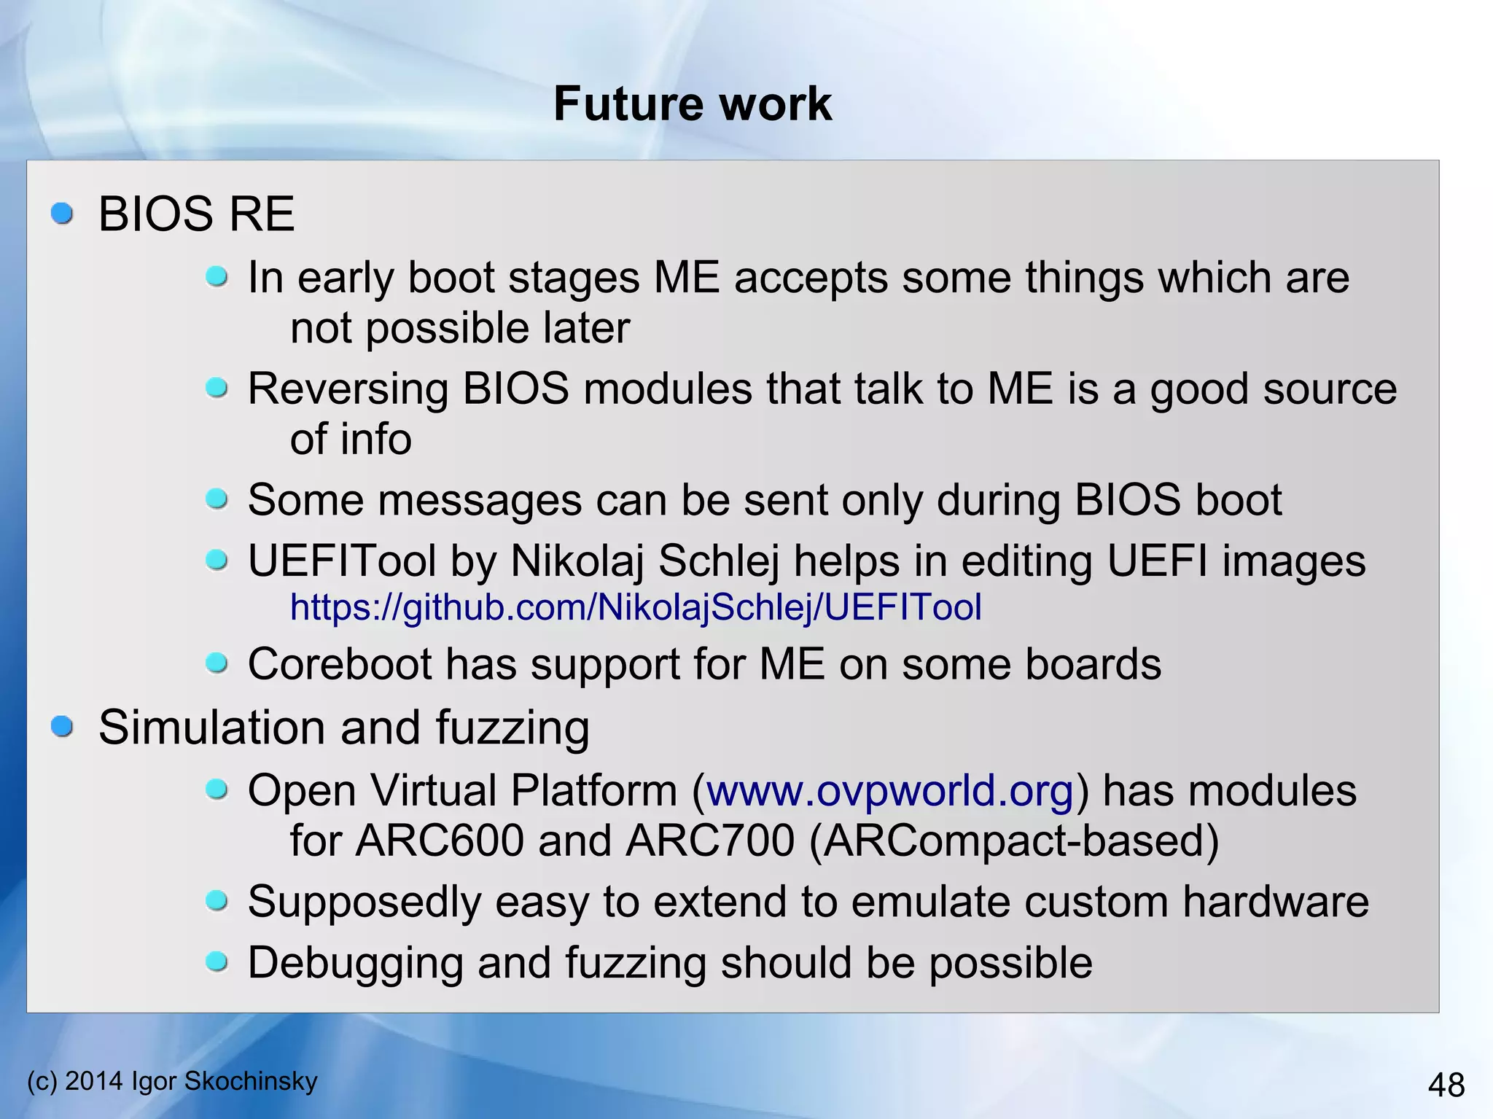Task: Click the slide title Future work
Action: tap(692, 104)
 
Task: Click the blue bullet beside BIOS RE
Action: tap(63, 214)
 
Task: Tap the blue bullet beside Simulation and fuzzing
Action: tap(63, 726)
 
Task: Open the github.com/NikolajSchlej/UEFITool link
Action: tap(636, 607)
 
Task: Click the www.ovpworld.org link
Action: tap(889, 790)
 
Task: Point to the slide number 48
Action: tap(1446, 1085)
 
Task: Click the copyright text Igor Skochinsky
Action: tap(224, 1080)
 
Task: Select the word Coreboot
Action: tap(340, 664)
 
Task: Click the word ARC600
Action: tap(440, 841)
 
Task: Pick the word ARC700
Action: tap(709, 841)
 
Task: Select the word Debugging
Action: tap(356, 963)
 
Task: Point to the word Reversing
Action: tap(348, 389)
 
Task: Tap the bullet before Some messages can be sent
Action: tap(217, 499)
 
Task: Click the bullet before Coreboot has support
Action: tap(217, 663)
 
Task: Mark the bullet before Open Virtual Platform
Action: tap(217, 789)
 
